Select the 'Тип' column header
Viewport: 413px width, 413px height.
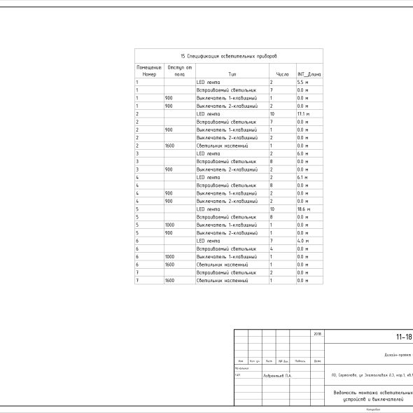click(x=232, y=73)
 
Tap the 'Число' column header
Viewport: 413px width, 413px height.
click(x=282, y=73)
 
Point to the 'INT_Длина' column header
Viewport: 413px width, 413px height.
click(x=309, y=73)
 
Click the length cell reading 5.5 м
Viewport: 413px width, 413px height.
click(x=302, y=83)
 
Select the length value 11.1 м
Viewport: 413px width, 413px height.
click(x=303, y=114)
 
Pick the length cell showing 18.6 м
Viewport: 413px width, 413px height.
click(x=303, y=209)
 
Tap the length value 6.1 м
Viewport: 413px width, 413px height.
click(x=302, y=178)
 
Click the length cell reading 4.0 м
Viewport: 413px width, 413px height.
click(x=302, y=241)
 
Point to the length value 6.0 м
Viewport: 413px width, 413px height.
click(x=302, y=154)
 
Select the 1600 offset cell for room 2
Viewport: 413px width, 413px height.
click(x=169, y=146)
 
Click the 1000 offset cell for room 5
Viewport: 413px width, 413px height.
click(x=169, y=225)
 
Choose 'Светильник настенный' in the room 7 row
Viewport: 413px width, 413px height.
click(x=222, y=281)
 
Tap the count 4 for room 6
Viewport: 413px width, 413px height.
click(x=271, y=249)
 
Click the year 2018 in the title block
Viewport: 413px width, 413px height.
click(x=318, y=335)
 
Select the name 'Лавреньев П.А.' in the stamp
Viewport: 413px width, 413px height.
click(x=278, y=375)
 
